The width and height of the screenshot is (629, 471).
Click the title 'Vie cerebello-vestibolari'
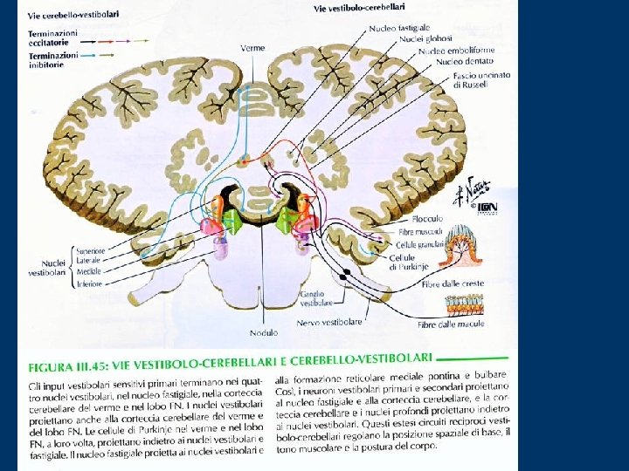click(x=73, y=16)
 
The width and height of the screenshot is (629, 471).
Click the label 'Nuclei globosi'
click(x=425, y=39)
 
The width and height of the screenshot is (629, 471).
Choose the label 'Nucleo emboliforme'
click(x=455, y=51)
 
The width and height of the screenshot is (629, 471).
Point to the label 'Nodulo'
click(x=263, y=332)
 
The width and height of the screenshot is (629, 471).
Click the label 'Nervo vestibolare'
click(x=331, y=323)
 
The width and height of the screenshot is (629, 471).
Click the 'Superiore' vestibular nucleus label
click(x=92, y=250)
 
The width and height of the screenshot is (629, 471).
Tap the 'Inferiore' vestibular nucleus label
click(x=91, y=283)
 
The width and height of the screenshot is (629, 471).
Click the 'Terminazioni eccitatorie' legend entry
click(x=52, y=37)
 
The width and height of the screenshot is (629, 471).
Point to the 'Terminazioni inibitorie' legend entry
click(x=52, y=59)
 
